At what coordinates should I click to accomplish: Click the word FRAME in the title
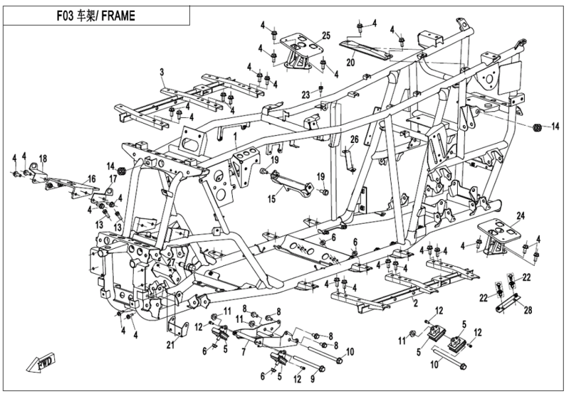[x=120, y=16]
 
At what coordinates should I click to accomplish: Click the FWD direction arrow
[x=37, y=363]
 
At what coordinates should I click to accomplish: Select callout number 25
[x=326, y=35]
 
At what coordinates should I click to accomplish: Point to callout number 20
[x=351, y=62]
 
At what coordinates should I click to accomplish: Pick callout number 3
[x=161, y=71]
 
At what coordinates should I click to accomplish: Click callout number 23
[x=306, y=93]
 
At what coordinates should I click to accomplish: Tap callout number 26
[x=354, y=139]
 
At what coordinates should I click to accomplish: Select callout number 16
[x=92, y=179]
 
